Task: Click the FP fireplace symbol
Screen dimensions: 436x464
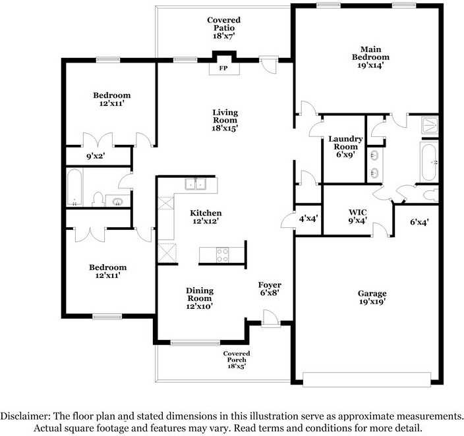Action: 223,67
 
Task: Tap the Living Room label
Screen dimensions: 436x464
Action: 225,121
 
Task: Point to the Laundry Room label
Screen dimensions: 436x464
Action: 345,147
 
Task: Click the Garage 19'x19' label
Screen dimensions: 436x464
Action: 372,298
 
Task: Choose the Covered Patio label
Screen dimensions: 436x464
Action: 223,28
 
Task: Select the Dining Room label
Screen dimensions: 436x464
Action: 199,298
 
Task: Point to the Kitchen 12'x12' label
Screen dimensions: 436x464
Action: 206,217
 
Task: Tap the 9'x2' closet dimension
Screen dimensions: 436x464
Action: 96,157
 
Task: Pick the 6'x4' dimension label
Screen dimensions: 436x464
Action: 419,223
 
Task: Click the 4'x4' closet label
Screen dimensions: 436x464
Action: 308,218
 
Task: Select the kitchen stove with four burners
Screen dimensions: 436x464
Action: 223,254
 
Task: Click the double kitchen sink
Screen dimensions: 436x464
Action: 195,184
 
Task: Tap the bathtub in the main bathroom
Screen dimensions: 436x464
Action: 428,163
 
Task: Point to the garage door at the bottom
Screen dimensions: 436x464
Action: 366,379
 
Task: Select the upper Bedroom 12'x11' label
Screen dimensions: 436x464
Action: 111,99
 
